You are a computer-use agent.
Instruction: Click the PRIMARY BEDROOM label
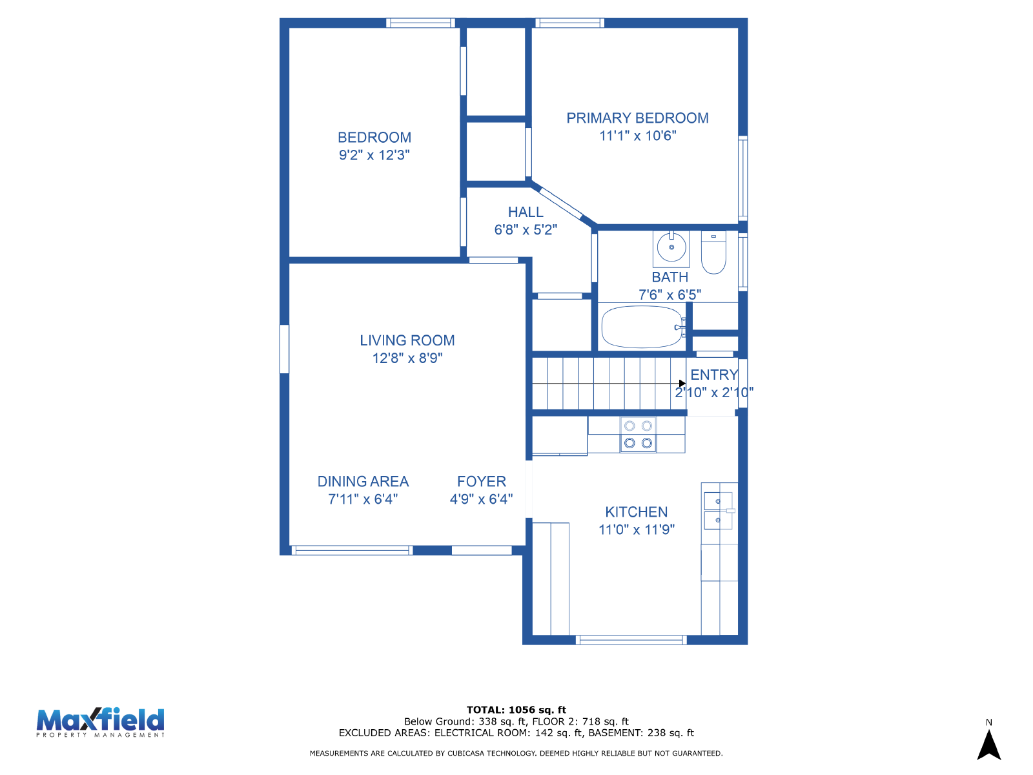(x=637, y=118)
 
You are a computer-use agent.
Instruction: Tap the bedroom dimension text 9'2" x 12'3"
(x=374, y=155)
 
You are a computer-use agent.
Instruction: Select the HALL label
(x=525, y=212)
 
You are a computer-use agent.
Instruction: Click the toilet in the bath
(x=713, y=252)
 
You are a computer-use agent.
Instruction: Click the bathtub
(x=643, y=327)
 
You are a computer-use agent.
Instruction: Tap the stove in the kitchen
(x=638, y=435)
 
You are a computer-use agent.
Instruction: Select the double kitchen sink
(x=718, y=511)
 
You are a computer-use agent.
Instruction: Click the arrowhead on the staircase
(x=682, y=384)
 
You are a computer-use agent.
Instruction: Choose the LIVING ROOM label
(x=407, y=340)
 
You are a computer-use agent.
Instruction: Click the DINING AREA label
(x=363, y=481)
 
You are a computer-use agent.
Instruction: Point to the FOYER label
(x=482, y=481)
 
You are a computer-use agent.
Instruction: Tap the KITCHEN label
(x=637, y=512)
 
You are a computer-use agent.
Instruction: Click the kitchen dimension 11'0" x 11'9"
(x=637, y=530)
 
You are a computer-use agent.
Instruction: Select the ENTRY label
(x=714, y=375)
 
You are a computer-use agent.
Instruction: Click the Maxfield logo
(x=100, y=722)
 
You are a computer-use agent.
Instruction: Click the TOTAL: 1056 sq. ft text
(x=516, y=710)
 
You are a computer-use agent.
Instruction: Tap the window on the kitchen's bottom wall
(x=631, y=640)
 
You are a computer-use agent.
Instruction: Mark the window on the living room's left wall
(x=284, y=349)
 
